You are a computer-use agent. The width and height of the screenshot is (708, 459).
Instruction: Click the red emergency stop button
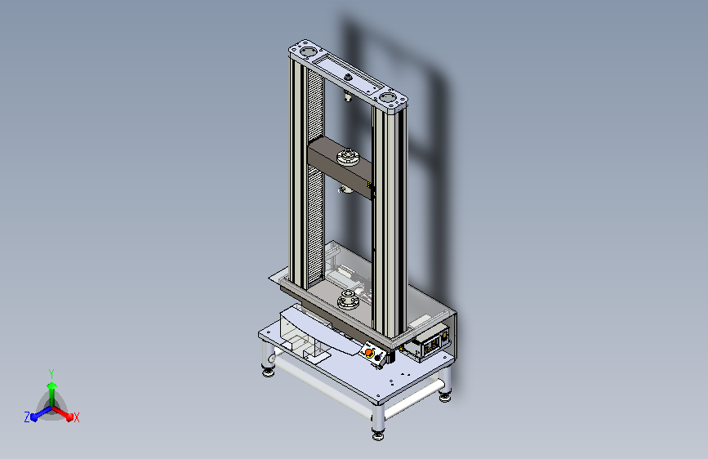(x=369, y=352)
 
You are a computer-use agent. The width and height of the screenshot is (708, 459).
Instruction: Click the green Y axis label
(x=51, y=373)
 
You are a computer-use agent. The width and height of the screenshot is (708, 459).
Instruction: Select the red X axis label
(x=77, y=418)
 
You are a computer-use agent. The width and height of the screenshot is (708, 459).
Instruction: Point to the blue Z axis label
(x=27, y=417)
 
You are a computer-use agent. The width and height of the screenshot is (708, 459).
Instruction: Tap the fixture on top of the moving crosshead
(x=348, y=156)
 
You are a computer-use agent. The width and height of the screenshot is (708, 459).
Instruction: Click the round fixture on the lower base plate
(x=348, y=301)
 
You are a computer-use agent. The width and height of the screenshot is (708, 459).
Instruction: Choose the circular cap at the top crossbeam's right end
(x=387, y=97)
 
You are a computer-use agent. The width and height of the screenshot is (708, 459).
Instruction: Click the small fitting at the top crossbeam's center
(x=348, y=78)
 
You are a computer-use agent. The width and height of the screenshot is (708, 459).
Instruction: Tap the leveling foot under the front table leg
(x=378, y=435)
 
